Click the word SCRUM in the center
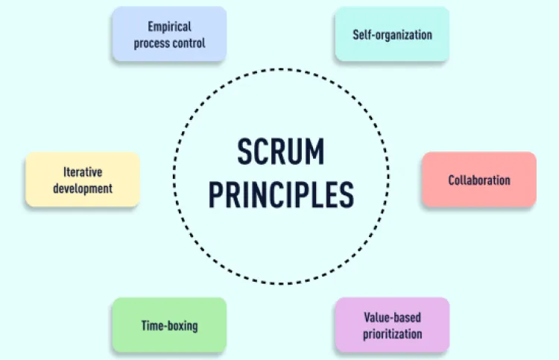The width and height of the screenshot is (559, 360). [281, 152]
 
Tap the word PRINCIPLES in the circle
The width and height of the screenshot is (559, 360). [281, 195]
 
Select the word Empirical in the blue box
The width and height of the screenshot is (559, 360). [170, 27]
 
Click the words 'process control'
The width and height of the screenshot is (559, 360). [170, 43]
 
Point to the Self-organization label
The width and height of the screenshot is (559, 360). [393, 35]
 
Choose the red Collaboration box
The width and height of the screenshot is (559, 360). [479, 179]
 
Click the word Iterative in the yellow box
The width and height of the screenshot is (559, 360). [83, 172]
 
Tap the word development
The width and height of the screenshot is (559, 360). [83, 189]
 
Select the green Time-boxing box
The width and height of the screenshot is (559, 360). [170, 325]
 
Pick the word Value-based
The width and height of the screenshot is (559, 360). [393, 318]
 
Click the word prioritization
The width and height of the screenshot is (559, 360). [393, 334]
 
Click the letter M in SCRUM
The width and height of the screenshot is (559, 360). [315, 152]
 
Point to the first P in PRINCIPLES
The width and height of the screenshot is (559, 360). [215, 195]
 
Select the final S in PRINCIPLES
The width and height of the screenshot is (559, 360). [347, 195]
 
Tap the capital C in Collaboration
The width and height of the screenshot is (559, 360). [452, 180]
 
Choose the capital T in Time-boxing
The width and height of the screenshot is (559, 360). [145, 325]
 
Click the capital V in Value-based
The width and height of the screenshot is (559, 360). [367, 318]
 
